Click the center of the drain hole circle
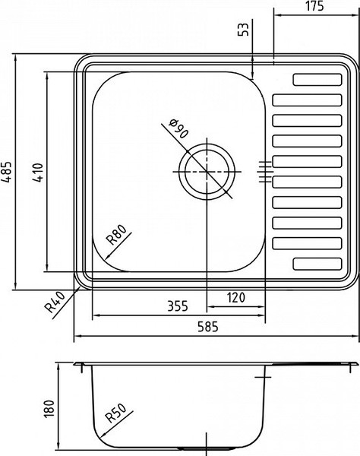click(x=206, y=171)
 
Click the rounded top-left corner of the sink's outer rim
click(x=79, y=61)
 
